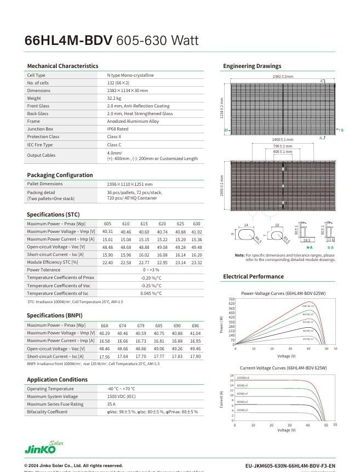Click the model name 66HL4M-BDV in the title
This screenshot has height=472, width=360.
coord(68,41)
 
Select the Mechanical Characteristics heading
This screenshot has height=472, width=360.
coord(62,66)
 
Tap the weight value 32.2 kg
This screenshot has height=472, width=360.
coord(114,98)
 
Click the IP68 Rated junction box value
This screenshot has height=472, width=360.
coord(118,129)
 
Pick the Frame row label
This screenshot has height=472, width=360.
coord(33,121)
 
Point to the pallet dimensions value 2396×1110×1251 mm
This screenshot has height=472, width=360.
coord(130,184)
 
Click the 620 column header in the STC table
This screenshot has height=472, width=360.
coord(162,224)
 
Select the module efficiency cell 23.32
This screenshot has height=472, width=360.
coord(196,263)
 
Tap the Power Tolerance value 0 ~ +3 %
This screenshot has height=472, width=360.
coord(151,270)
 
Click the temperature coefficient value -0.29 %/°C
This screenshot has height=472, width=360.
coord(151,278)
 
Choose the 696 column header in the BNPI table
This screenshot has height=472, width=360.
coord(196,326)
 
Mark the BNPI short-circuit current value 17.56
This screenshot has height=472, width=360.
coord(104,356)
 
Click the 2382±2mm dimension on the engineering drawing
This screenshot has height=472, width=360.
coord(283,76)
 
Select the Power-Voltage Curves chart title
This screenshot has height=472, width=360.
coord(283,294)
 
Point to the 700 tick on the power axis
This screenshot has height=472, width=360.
coord(232,299)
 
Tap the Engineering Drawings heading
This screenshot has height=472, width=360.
coord(252,66)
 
